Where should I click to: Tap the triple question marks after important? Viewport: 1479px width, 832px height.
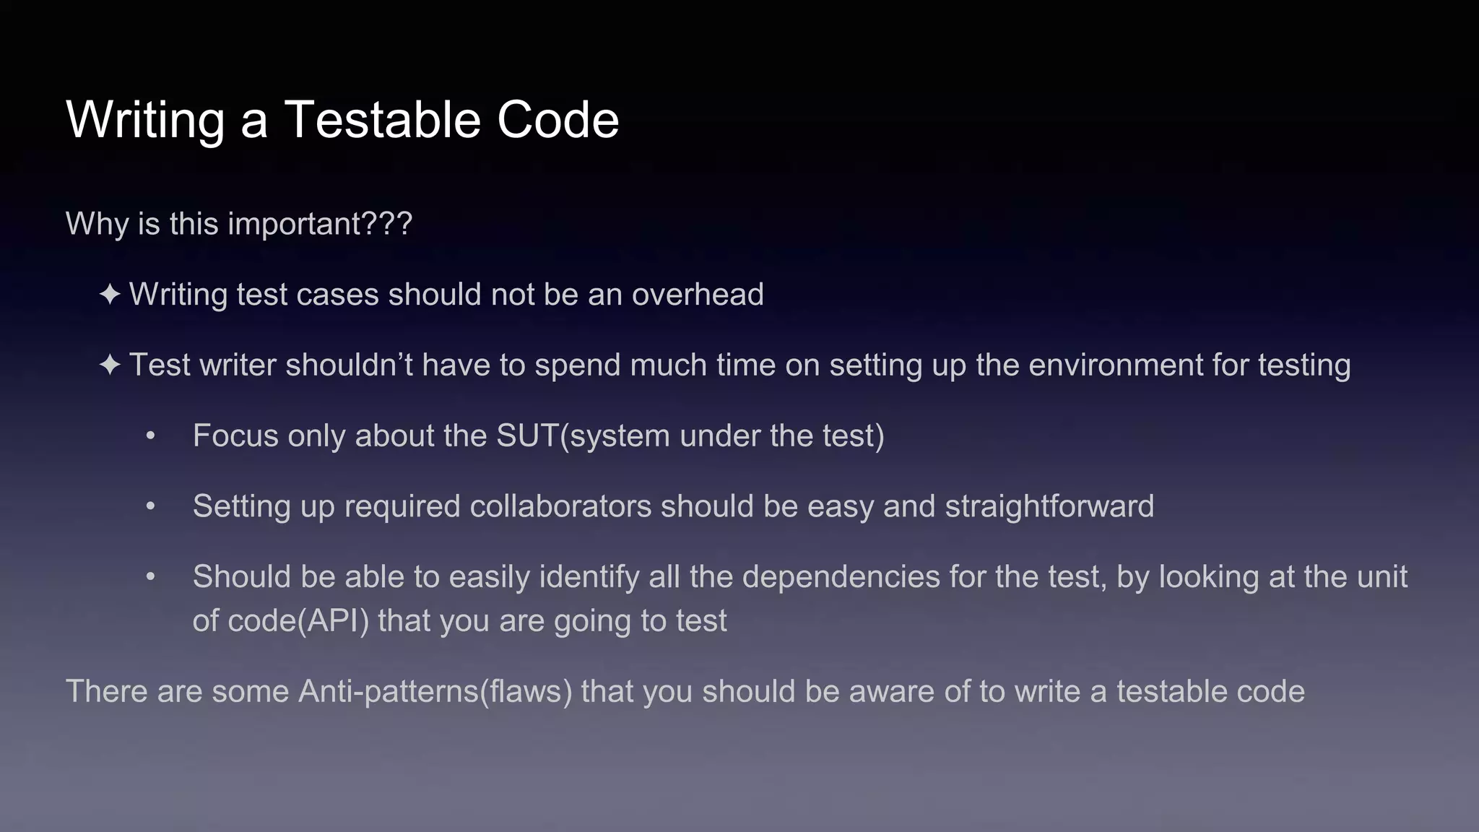(x=387, y=223)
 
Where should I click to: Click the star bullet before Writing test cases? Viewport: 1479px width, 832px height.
(x=110, y=295)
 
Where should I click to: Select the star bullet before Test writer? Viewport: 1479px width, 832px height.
(x=110, y=365)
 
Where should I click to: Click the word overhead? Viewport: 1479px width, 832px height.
(x=697, y=295)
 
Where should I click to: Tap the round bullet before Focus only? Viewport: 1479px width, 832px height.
(x=150, y=436)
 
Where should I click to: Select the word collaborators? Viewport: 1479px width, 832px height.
(x=560, y=506)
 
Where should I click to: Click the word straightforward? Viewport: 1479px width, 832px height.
(x=1049, y=506)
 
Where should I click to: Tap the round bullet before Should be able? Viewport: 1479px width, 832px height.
(x=150, y=577)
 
